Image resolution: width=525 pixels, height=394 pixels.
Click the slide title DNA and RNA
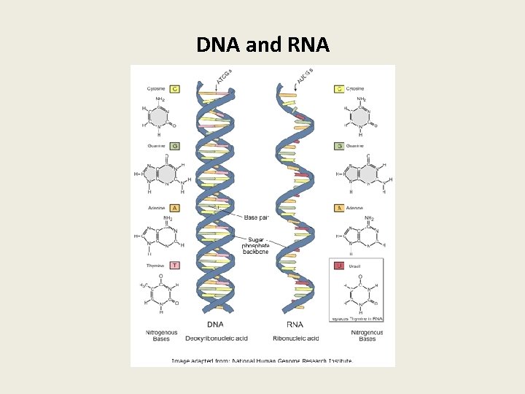click(x=262, y=45)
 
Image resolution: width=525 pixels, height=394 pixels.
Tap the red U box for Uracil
click(x=339, y=266)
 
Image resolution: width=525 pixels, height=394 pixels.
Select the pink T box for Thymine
click(x=175, y=266)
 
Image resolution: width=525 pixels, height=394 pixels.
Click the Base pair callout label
click(x=256, y=217)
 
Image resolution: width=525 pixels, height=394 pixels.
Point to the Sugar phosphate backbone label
click(x=256, y=245)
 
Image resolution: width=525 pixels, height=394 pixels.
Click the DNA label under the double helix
click(x=215, y=325)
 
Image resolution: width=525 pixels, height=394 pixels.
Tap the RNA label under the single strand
click(x=295, y=325)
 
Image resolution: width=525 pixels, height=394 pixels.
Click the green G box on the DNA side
click(x=175, y=146)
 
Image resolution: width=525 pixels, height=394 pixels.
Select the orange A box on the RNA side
click(x=339, y=208)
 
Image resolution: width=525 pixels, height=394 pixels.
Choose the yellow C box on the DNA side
click(x=175, y=88)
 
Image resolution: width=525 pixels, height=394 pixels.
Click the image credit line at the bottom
click(x=262, y=360)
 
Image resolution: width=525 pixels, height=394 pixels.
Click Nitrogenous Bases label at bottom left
click(x=160, y=336)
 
